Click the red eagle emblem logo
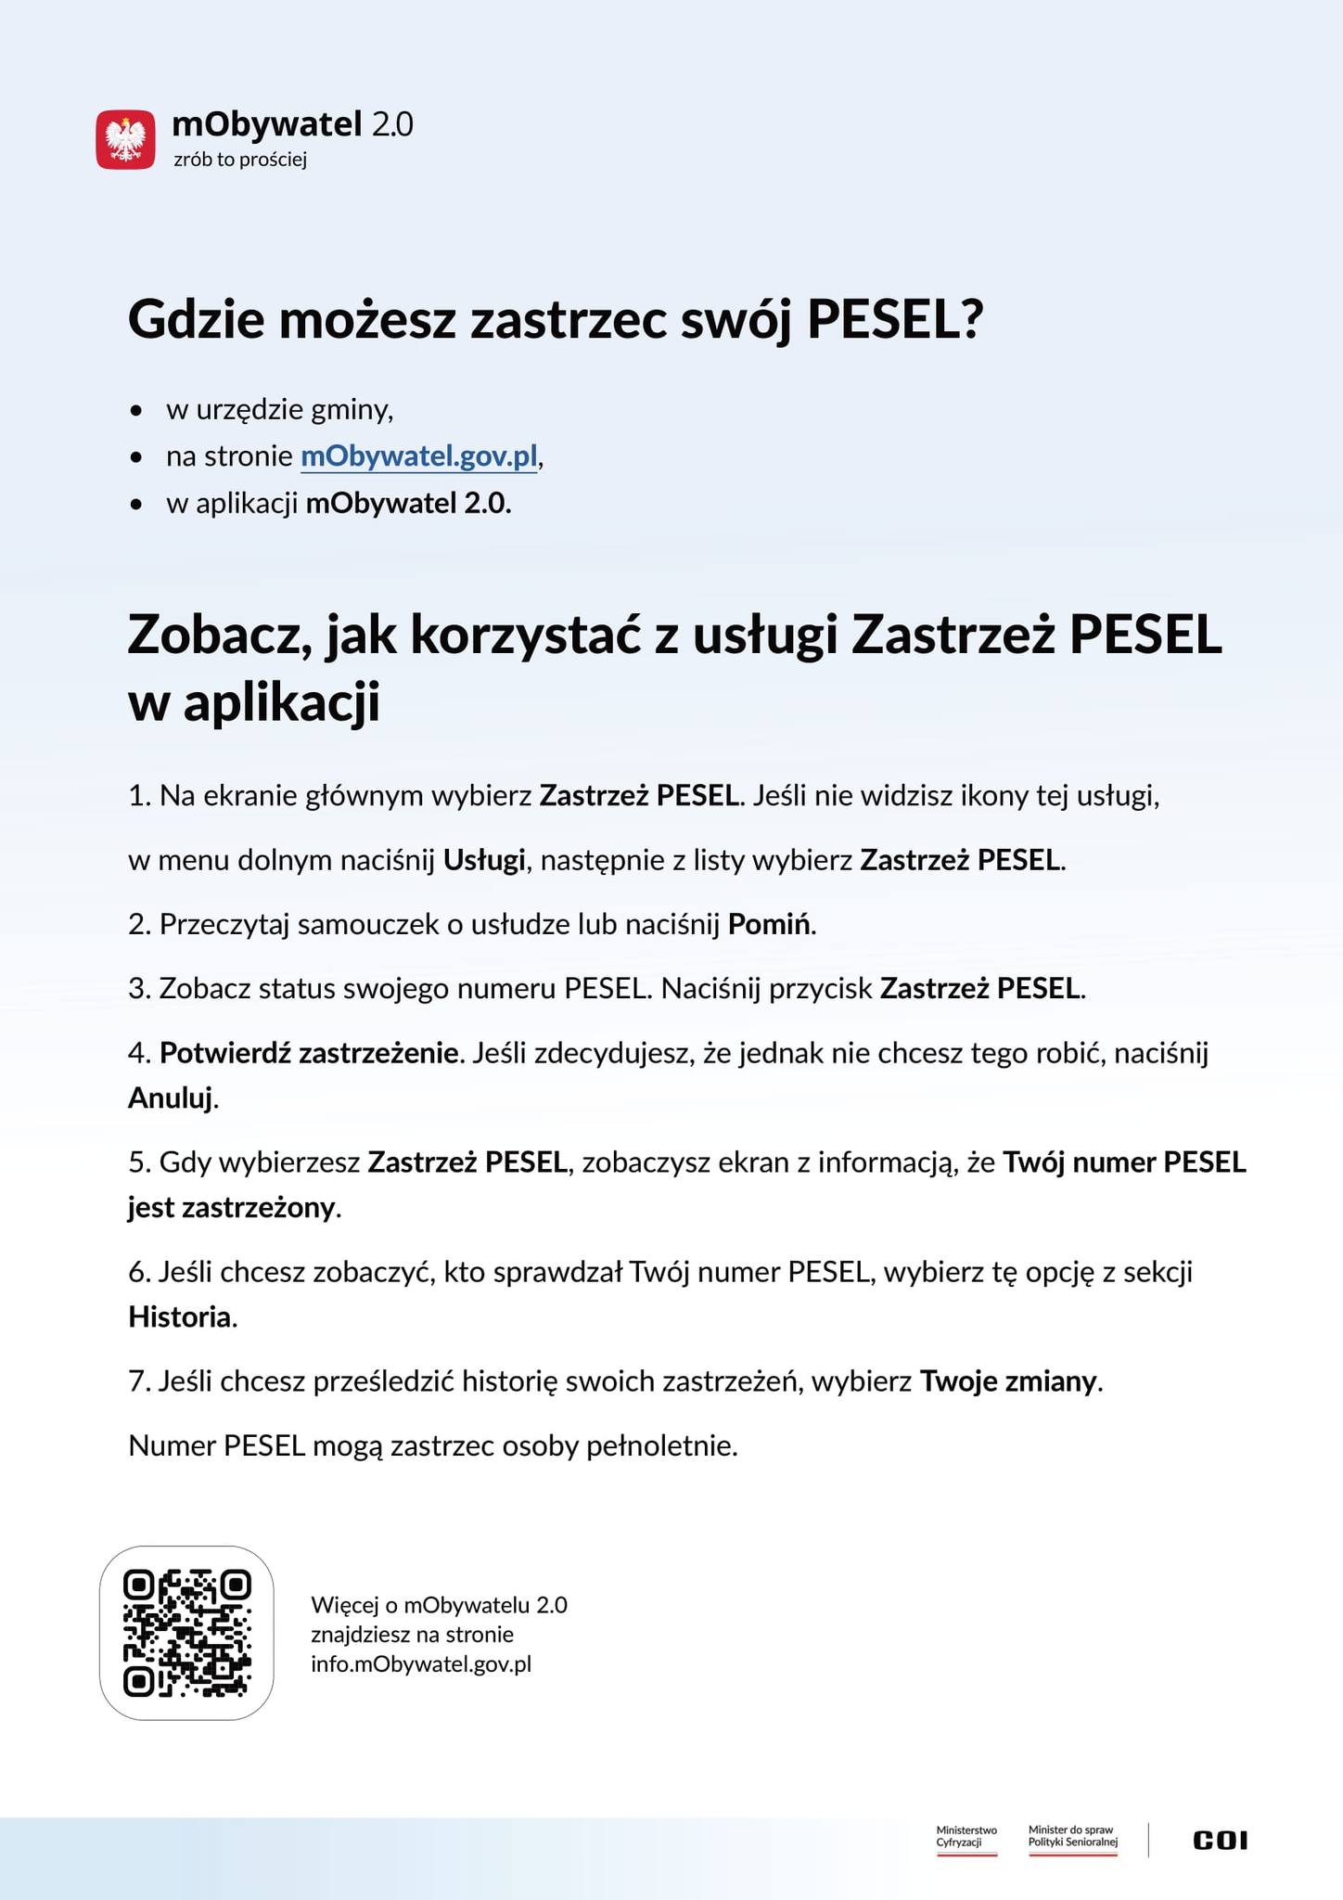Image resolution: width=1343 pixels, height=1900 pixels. [125, 139]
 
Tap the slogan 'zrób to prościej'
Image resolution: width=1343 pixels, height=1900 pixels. [240, 160]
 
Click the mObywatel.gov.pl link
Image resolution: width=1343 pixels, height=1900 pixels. [419, 456]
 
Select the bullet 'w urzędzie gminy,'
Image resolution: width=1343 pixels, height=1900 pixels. [279, 409]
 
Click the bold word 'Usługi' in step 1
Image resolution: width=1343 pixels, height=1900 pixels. [484, 860]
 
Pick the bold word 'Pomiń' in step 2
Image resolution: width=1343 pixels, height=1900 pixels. [770, 924]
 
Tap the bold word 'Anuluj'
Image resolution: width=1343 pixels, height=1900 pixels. [171, 1098]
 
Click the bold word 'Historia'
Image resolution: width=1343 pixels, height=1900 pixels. [180, 1316]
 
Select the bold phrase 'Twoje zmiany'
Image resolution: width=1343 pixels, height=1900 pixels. [1008, 1381]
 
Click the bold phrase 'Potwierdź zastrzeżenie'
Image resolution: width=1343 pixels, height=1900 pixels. [310, 1053]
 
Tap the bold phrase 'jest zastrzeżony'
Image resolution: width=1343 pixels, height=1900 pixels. [232, 1208]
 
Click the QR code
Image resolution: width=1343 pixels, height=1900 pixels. [186, 1633]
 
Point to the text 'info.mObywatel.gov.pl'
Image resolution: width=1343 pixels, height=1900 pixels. [421, 1663]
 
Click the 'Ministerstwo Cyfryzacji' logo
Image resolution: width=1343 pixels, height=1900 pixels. [966, 1838]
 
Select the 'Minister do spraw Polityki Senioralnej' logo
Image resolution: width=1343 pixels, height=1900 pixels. [1072, 1838]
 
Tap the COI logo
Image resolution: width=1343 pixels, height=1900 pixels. [1220, 1840]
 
